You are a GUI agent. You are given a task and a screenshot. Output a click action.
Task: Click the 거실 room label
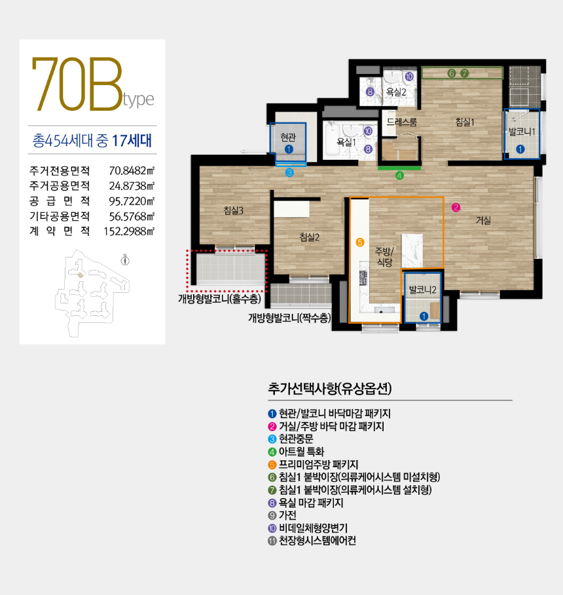click(484, 221)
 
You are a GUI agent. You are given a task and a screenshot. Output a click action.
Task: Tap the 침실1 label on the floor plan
click(464, 121)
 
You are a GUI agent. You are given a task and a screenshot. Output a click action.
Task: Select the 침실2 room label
click(308, 237)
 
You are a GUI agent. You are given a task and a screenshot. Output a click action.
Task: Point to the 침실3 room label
click(233, 210)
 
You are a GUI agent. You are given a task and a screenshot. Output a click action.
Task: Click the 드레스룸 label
click(401, 122)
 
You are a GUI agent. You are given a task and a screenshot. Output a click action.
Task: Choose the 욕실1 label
click(346, 141)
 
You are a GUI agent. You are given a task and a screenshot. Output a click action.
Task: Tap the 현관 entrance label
click(289, 137)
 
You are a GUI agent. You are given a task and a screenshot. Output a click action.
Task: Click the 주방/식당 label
click(384, 256)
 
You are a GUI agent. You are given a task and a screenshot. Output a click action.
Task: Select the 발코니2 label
click(422, 289)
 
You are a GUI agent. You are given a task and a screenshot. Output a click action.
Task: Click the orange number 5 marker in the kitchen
click(359, 242)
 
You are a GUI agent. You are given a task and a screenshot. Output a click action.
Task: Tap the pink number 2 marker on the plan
click(456, 208)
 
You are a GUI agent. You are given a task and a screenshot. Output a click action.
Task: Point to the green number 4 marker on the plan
click(399, 175)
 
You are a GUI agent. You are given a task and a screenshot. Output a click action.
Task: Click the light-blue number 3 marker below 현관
click(289, 173)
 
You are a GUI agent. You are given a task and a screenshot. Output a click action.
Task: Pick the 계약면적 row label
click(60, 231)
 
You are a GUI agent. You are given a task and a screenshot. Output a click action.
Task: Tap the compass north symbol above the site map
click(125, 260)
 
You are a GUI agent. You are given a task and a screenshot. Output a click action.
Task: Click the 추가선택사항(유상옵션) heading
click(330, 389)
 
